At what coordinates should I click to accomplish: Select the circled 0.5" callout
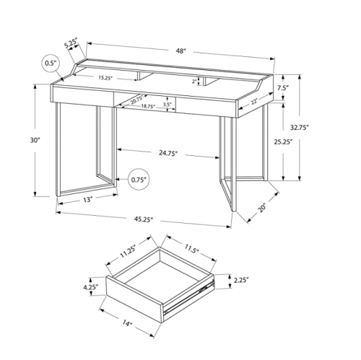click(x=51, y=64)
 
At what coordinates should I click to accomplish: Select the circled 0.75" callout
click(x=139, y=178)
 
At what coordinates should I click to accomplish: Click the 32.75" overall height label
click(x=318, y=127)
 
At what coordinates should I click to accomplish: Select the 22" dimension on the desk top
click(x=254, y=102)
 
